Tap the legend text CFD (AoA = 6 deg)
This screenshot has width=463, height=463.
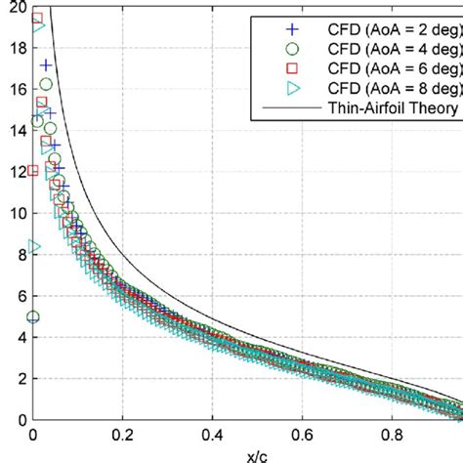click(x=391, y=67)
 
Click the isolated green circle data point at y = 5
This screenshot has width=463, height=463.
click(x=34, y=316)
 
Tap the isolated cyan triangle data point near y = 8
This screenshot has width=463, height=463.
click(x=34, y=247)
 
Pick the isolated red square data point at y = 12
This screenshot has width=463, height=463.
click(x=34, y=171)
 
